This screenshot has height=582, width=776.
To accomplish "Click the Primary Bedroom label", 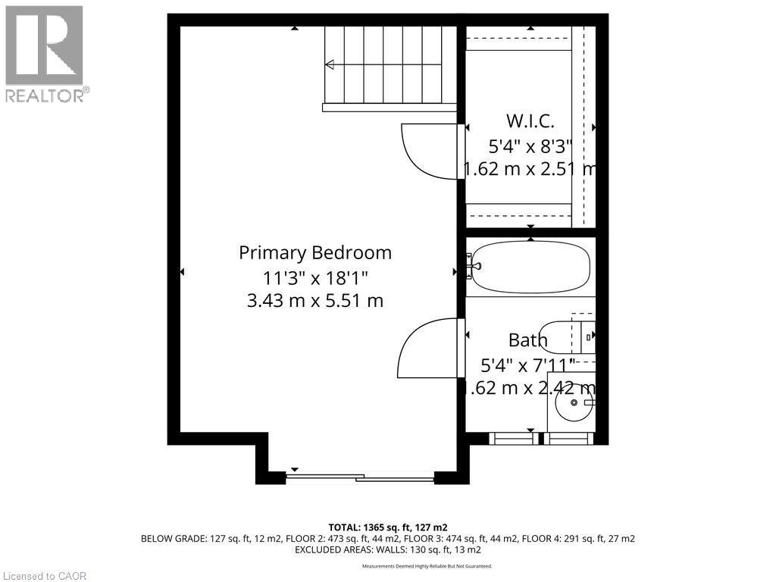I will [x=315, y=252].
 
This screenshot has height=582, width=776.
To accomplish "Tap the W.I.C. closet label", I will [x=530, y=120].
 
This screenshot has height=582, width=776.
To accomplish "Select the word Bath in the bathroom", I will [x=527, y=339].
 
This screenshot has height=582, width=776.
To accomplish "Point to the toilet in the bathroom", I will [x=568, y=337].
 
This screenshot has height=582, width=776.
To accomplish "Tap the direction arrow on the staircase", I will [x=330, y=65].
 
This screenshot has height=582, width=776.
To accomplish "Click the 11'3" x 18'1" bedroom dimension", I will [x=315, y=277].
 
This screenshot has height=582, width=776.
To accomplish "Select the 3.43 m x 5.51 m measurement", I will [x=315, y=301].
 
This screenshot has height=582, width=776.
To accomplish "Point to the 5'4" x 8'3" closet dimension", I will [x=530, y=145].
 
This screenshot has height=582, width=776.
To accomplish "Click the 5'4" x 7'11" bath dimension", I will [x=527, y=365].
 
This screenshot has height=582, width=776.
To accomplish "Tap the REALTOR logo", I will [x=45, y=53].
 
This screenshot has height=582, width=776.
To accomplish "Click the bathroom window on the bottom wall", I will [x=539, y=438].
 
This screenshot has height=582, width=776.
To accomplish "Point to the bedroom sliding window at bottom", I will [x=360, y=477].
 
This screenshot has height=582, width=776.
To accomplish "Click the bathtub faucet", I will [x=473, y=267].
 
